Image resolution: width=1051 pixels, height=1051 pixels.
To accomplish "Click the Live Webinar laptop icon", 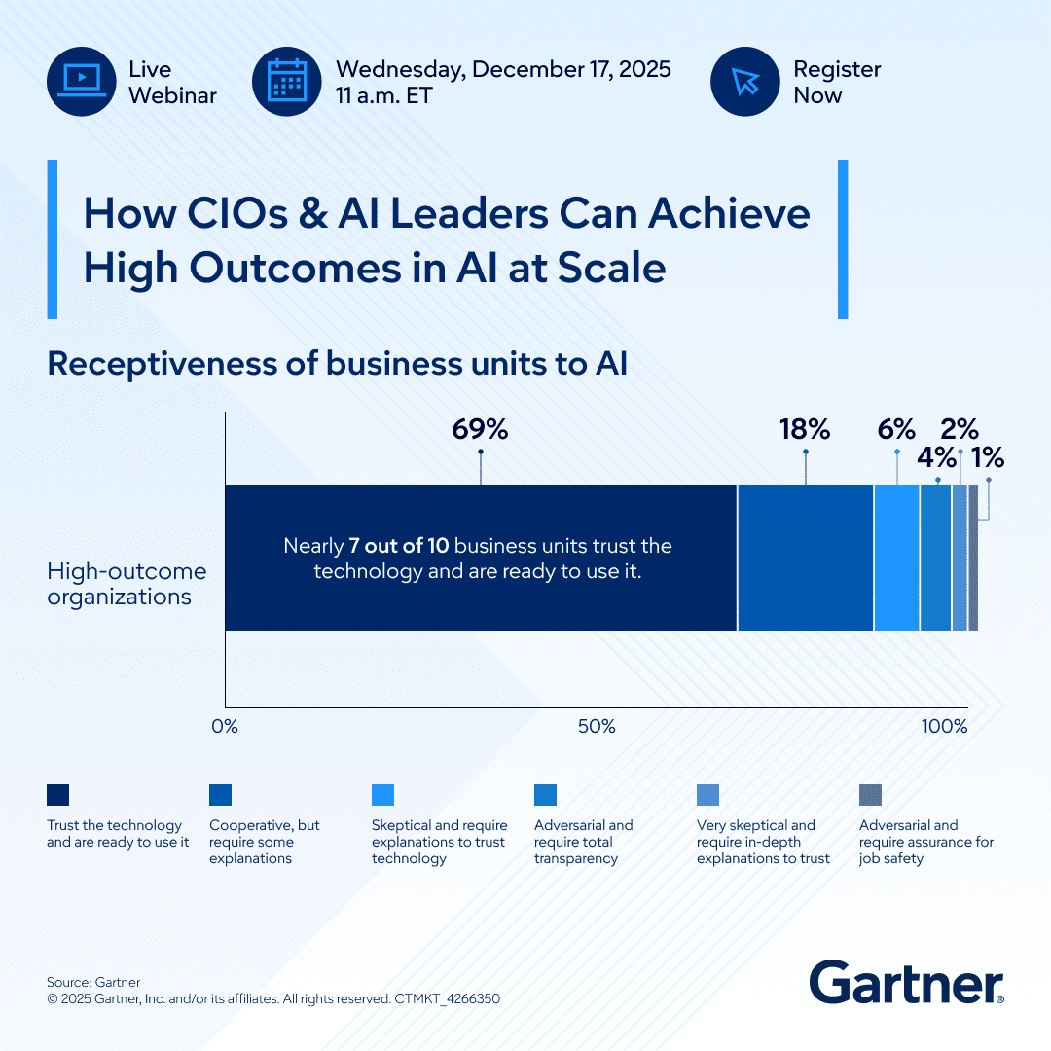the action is (82, 81).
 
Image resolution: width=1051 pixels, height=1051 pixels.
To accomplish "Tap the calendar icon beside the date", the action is (287, 81).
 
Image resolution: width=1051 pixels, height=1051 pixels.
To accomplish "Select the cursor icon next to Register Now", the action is (745, 81).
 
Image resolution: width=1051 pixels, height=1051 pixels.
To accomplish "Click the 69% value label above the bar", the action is (480, 429).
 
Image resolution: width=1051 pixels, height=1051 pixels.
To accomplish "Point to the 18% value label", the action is (805, 429).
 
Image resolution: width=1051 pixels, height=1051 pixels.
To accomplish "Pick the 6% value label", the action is (897, 429).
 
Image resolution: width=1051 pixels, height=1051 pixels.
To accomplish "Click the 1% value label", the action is (988, 457).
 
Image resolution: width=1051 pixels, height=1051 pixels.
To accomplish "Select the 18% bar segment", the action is (806, 558).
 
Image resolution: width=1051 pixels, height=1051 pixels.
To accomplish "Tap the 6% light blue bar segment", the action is (897, 558).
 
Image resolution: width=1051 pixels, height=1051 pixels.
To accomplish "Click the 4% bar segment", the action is (936, 558).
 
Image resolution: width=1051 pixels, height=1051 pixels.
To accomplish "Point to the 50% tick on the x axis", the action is (597, 727).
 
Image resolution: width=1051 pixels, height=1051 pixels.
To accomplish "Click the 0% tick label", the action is (225, 727).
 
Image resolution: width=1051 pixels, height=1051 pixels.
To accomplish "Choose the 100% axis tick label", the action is (944, 727).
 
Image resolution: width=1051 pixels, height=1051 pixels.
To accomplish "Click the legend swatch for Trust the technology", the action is (57, 795).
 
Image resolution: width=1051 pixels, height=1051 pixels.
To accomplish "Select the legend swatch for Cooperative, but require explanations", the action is (221, 795).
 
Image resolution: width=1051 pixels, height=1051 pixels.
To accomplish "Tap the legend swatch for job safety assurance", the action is (870, 795).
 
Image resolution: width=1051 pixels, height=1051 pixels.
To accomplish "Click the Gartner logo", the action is (907, 982).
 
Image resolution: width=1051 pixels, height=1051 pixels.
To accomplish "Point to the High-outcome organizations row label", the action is (127, 584).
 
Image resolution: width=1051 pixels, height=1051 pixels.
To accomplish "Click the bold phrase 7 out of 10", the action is (399, 546).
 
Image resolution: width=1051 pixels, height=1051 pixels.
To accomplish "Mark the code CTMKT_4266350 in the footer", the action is (447, 998).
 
